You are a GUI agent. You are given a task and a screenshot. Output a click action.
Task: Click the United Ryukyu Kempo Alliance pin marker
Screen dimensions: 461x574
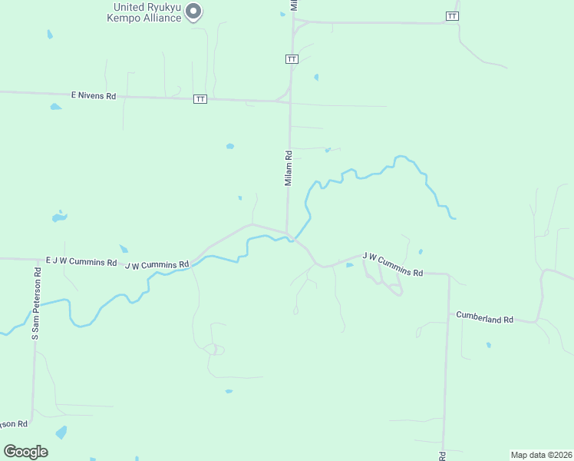[194, 11]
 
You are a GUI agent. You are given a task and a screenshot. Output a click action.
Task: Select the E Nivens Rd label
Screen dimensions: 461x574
[93, 96]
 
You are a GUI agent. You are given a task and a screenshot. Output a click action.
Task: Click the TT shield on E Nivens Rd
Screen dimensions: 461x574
[200, 98]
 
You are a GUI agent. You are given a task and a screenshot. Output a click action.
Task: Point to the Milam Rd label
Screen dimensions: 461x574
[289, 168]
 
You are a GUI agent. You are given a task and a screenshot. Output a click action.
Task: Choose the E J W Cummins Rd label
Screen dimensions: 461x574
[81, 261]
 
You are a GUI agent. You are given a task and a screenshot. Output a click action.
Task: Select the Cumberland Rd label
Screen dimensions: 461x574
[484, 316]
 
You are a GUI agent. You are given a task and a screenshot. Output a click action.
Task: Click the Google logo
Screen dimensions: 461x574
[25, 452]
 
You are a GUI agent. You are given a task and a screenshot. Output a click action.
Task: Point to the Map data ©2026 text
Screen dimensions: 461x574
[541, 455]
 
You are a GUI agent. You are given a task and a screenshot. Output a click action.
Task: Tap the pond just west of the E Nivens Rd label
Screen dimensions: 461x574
[55, 107]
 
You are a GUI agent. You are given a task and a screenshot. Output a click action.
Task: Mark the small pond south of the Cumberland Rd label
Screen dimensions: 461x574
[488, 345]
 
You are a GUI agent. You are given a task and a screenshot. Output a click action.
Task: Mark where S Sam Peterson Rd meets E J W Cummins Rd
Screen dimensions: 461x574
[36, 260]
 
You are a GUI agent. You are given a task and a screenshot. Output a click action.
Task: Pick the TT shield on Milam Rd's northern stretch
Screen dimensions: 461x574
[291, 59]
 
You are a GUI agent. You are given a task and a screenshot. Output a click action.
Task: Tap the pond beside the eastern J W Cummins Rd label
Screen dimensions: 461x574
[349, 265]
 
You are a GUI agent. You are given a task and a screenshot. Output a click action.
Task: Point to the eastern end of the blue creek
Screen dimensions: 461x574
[454, 218]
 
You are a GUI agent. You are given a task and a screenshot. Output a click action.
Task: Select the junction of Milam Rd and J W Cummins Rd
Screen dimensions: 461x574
[288, 234]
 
